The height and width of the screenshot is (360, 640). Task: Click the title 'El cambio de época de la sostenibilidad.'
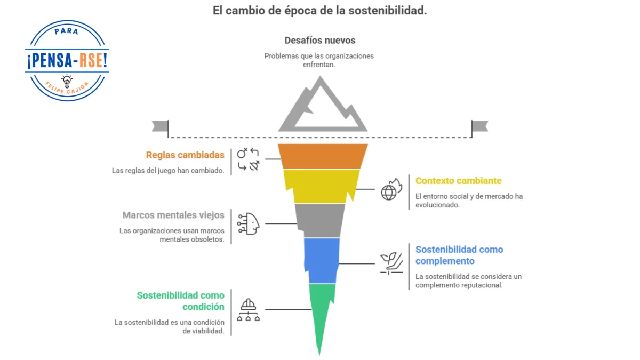pyautogui.click(x=319, y=10)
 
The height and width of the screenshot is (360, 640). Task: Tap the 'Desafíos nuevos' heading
pyautogui.click(x=319, y=40)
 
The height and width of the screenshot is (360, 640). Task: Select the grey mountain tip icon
pyautogui.click(x=322, y=107)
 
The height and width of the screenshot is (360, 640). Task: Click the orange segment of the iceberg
pyautogui.click(x=323, y=156)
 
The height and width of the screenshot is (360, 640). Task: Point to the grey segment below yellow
pyautogui.click(x=320, y=220)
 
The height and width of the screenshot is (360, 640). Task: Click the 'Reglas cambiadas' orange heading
pyautogui.click(x=185, y=155)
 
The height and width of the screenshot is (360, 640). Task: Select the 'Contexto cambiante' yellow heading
pyautogui.click(x=458, y=181)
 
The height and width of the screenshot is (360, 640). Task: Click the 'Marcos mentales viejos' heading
pyautogui.click(x=173, y=215)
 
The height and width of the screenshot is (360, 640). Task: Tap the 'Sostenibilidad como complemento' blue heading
pyautogui.click(x=459, y=255)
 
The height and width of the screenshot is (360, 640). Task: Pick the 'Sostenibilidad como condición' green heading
pyautogui.click(x=180, y=301)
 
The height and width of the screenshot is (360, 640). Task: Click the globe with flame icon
pyautogui.click(x=390, y=190)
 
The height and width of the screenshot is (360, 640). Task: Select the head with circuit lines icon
pyautogui.click(x=249, y=223)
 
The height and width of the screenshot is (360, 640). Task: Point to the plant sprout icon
pyautogui.click(x=390, y=263)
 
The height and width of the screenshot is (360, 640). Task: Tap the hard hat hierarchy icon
pyautogui.click(x=249, y=310)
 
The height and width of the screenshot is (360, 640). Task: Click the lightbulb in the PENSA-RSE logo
pyautogui.click(x=67, y=81)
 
